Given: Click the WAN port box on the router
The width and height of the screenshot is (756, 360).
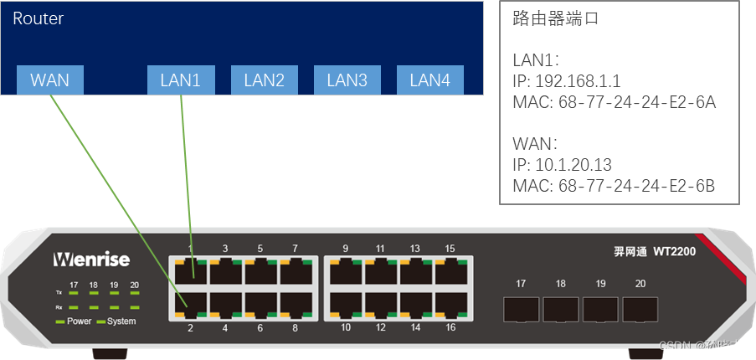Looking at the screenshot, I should click(x=49, y=80).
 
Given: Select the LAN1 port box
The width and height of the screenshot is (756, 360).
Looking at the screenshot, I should click(x=180, y=80).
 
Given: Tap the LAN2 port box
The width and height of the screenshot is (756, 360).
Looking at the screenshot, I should click(x=264, y=80).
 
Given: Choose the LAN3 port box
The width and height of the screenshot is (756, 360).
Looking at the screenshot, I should click(x=347, y=80).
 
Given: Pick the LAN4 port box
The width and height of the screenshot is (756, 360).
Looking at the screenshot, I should click(x=429, y=80).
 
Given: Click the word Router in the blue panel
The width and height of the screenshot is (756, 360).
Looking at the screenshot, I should click(x=38, y=18).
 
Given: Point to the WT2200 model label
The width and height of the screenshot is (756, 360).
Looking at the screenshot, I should click(x=674, y=251).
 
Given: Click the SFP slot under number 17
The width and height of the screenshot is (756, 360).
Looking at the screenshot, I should click(x=521, y=309).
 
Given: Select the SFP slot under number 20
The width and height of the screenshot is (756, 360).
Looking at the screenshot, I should click(x=640, y=309).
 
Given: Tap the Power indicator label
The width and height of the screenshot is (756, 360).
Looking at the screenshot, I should click(x=79, y=321).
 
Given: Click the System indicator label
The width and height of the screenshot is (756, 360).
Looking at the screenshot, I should click(x=121, y=321).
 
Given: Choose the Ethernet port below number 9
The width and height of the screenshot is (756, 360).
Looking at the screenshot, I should click(x=346, y=271).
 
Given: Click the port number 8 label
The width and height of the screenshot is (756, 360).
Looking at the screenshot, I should click(x=295, y=327).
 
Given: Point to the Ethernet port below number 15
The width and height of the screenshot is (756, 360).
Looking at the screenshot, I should click(x=450, y=271).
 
